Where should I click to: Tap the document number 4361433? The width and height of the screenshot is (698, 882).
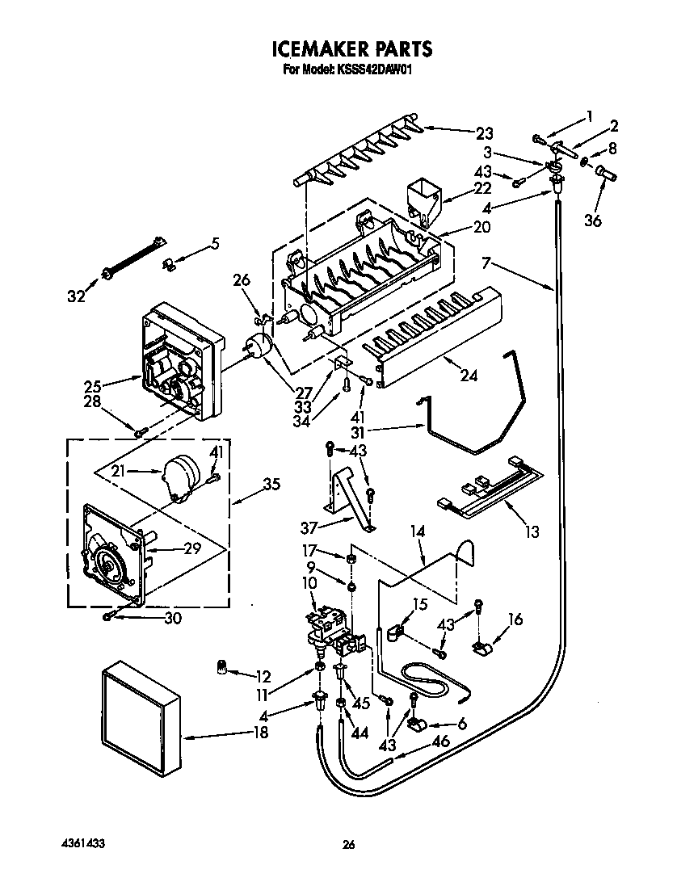pos(82,843)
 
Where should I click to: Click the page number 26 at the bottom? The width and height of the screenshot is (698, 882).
pos(348,845)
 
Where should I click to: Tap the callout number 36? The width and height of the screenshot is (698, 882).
pos(594,220)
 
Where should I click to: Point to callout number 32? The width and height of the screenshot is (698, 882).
pos(76,296)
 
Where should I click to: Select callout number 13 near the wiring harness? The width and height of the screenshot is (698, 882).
pos(531,532)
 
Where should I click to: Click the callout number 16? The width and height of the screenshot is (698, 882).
pos(515,619)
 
